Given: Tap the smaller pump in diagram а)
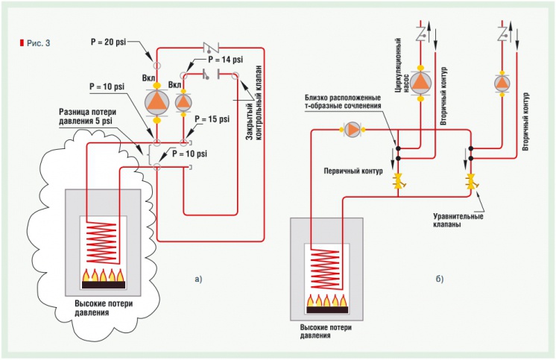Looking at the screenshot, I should [x=183, y=100].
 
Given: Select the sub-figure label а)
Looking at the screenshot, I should [x=198, y=280].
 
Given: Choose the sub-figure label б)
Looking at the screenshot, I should [x=440, y=280].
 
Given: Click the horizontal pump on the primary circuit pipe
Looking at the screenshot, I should [x=351, y=129].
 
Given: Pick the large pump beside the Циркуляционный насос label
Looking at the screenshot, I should [x=422, y=82].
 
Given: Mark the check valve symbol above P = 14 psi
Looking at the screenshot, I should [x=210, y=45].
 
